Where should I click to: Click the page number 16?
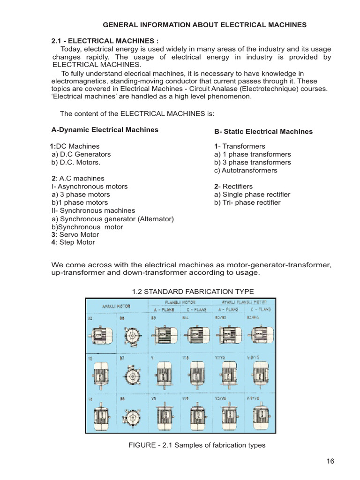330,461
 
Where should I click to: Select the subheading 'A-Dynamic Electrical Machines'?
105,129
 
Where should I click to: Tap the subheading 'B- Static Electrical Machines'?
263,131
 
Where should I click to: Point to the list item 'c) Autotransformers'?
246,170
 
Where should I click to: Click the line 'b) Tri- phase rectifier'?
247,202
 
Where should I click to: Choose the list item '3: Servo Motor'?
75,234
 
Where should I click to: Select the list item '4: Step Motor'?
73,242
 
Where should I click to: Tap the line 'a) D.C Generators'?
81,154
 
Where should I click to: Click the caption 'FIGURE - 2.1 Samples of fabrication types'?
197,445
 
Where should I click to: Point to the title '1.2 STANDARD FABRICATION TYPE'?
193,291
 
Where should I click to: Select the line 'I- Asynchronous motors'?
90,186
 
